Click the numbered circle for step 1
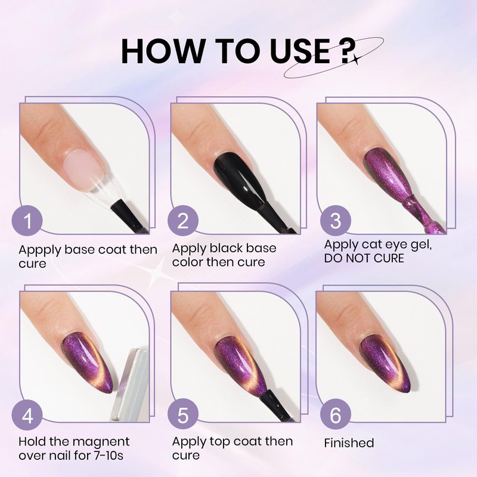27,221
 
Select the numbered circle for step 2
183,221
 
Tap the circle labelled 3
336,221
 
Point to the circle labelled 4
27,415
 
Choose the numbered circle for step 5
183,415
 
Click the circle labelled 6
336,415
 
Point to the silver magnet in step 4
130,385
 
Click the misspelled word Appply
40,250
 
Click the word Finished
349,443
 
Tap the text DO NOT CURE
364,258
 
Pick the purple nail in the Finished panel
385,364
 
